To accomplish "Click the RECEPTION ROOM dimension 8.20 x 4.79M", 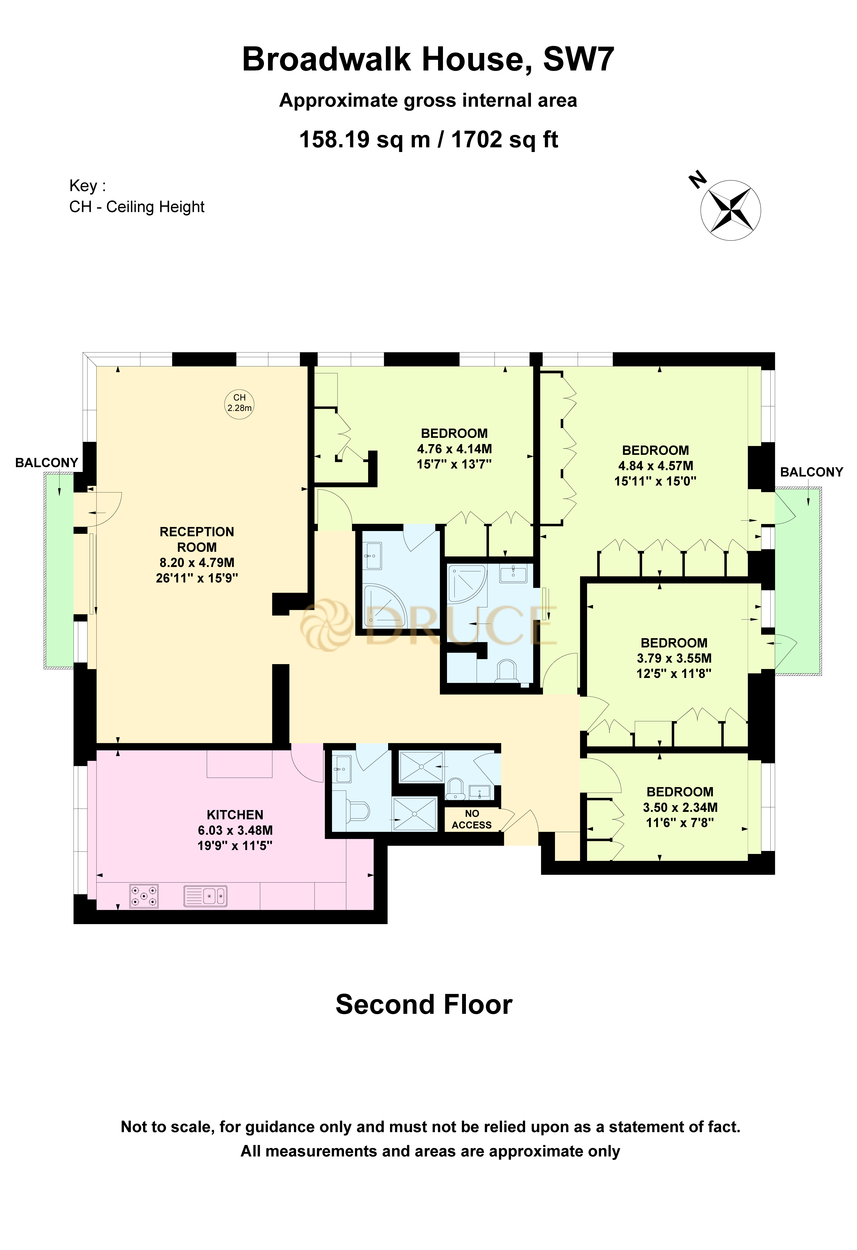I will coord(197,563).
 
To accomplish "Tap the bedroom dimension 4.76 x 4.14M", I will coord(454,449).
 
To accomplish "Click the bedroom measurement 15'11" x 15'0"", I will coord(655,481).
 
